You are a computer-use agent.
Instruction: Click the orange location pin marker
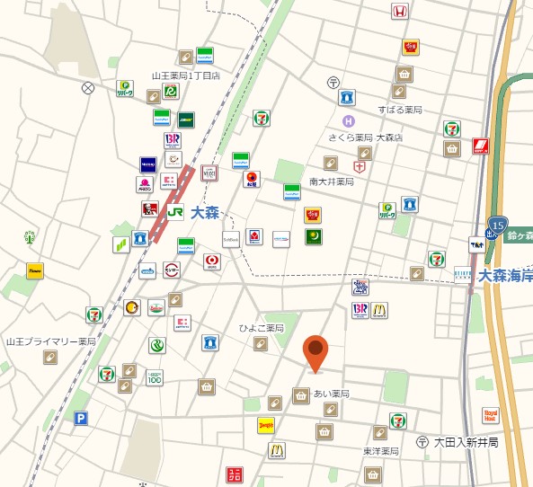click(315, 353)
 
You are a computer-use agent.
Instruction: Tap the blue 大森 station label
click(205, 213)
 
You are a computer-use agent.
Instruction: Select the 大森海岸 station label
click(505, 277)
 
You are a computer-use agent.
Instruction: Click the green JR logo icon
click(175, 213)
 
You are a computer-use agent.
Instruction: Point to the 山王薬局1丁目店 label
click(186, 75)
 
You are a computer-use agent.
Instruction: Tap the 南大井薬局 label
click(332, 182)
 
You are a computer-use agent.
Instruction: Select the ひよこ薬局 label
click(262, 328)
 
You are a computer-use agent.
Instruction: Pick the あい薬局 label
click(331, 394)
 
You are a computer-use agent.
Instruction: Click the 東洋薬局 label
click(381, 451)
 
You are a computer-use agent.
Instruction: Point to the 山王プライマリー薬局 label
click(50, 341)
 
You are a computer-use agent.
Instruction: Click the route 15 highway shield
click(498, 224)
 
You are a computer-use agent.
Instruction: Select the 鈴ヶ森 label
click(520, 235)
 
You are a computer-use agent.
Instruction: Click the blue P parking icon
click(81, 418)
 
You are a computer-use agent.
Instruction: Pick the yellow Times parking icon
click(35, 270)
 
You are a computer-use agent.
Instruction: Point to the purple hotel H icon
click(348, 121)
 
